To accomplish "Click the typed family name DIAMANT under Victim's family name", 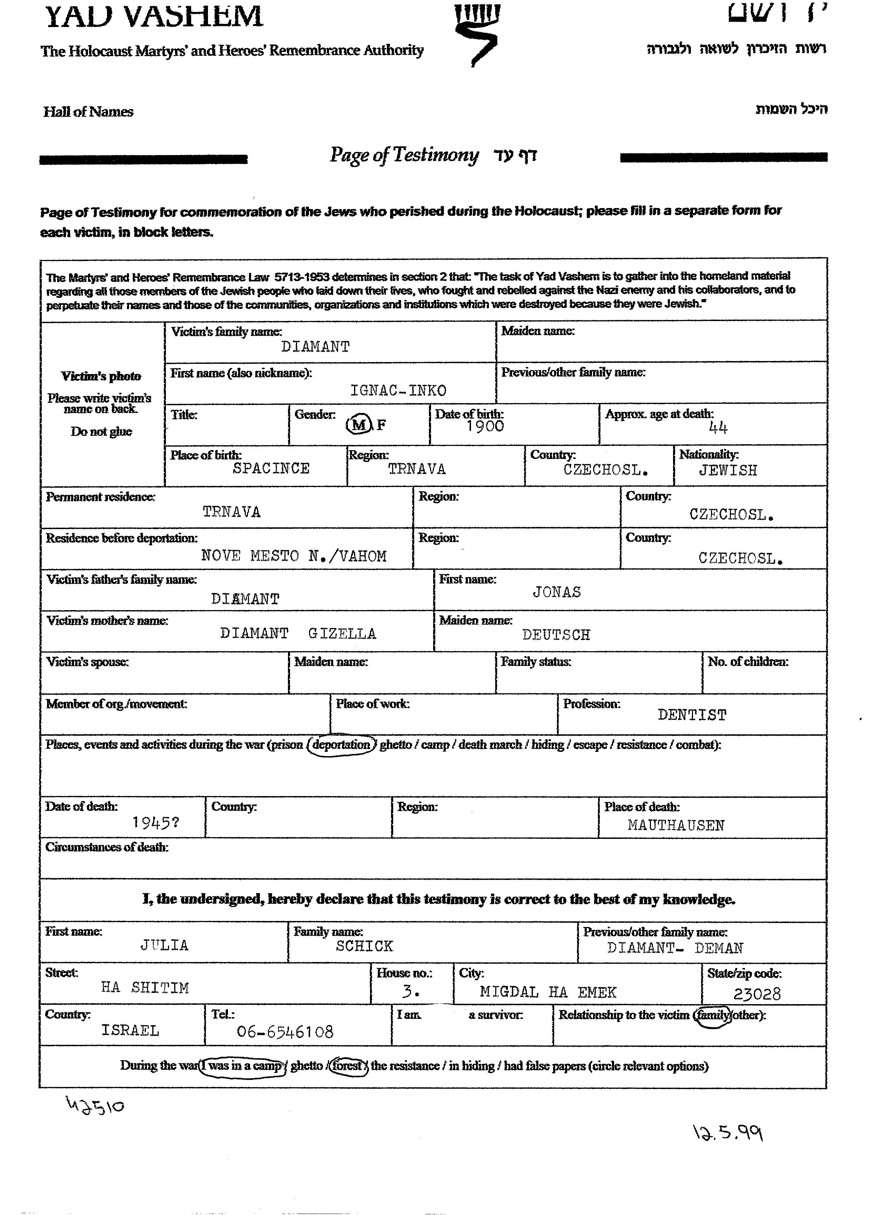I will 315,347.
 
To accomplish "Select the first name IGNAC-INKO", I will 398,390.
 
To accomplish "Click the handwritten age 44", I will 718,427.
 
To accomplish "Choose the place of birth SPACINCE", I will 271,468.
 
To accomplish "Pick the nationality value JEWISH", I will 728,470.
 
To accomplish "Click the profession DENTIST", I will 692,715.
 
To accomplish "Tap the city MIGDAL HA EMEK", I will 548,992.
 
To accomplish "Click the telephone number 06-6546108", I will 285,1032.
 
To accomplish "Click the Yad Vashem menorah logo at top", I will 476,33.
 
